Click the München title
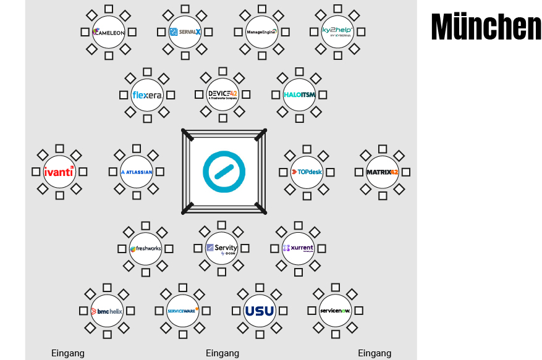[x=486, y=27]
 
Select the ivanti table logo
[x=59, y=172]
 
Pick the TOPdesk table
[x=307, y=172]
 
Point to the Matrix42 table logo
[x=383, y=172]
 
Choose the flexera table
[x=147, y=95]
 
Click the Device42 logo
[x=223, y=94]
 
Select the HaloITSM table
[x=299, y=94]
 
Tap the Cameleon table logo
[x=109, y=32]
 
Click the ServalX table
[x=185, y=32]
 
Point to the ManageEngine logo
[x=261, y=32]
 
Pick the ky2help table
[x=337, y=32]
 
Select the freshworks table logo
[x=146, y=249]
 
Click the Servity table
[x=222, y=249]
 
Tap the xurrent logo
[x=298, y=249]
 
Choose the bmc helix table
[x=107, y=311]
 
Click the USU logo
[x=260, y=311]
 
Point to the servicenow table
[x=336, y=311]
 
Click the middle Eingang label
[x=222, y=353]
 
